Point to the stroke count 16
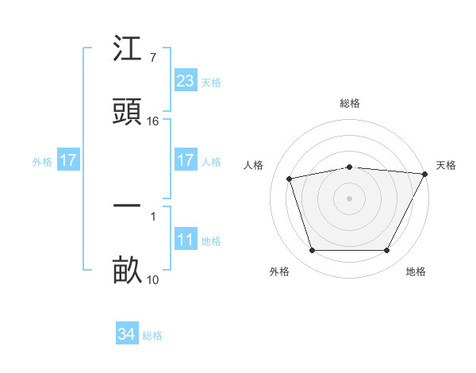click(153, 121)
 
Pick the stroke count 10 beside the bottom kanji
click(153, 279)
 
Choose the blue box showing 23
click(185, 81)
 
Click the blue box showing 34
click(126, 335)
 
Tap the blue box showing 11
click(185, 240)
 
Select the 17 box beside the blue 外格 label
click(68, 161)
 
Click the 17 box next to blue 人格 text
click(185, 161)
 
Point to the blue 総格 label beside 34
click(152, 336)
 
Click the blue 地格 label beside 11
click(211, 241)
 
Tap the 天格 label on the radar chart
click(446, 165)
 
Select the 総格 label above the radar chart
click(349, 103)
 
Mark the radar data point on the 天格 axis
click(426, 174)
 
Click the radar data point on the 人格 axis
click(290, 179)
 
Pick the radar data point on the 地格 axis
click(386, 251)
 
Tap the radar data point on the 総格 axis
click(349, 167)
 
